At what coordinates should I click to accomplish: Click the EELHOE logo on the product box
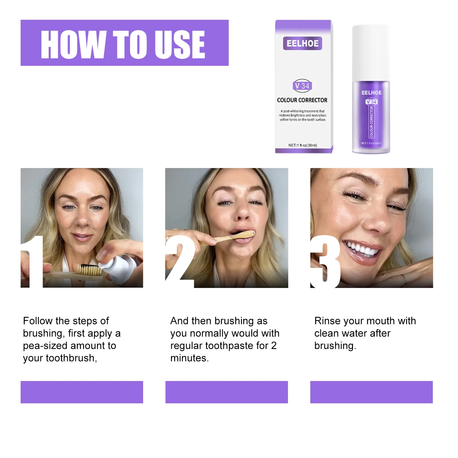tap(303, 44)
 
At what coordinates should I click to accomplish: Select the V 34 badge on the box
tap(302, 86)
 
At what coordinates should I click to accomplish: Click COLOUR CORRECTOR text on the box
tap(302, 100)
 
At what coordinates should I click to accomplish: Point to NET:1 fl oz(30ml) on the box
tap(303, 145)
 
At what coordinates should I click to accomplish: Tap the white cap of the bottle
tap(370, 52)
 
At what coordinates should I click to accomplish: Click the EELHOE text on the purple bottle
tap(371, 93)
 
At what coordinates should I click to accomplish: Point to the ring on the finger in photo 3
tap(404, 278)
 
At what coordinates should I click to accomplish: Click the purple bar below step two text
tap(226, 392)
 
